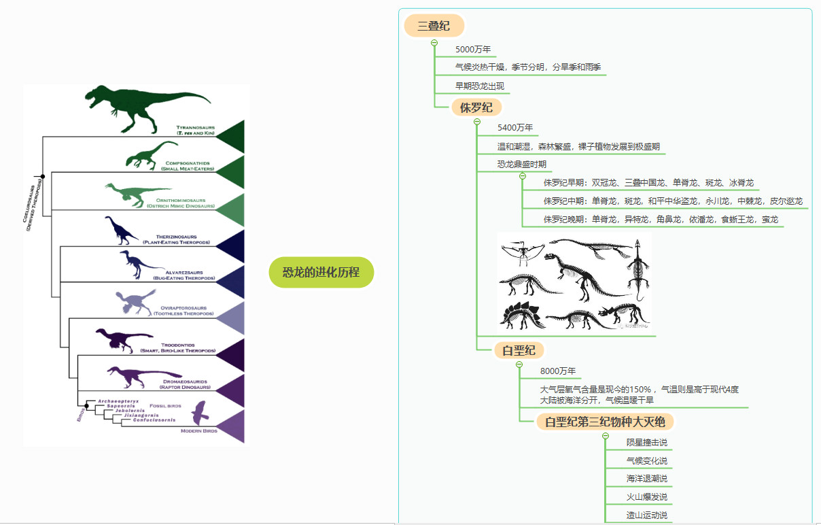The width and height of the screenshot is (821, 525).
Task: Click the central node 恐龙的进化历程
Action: click(x=321, y=273)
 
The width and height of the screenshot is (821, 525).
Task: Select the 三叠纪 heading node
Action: click(x=434, y=27)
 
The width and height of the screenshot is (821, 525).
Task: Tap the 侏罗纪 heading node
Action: click(x=476, y=107)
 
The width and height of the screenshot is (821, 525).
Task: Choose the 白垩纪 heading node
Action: click(x=519, y=351)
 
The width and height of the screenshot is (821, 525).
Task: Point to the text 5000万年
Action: click(x=473, y=50)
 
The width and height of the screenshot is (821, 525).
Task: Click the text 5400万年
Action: click(x=515, y=128)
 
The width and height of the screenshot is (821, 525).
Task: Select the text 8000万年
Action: click(x=558, y=371)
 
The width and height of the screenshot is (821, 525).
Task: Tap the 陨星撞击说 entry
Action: click(x=646, y=443)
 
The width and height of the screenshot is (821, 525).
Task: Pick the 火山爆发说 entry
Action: click(x=646, y=497)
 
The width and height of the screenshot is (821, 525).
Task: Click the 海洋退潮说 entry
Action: click(x=646, y=479)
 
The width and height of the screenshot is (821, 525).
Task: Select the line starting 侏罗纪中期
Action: click(x=672, y=201)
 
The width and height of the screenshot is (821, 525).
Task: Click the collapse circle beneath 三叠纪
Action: click(x=434, y=43)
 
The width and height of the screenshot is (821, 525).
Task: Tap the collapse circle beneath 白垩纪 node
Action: click(x=519, y=365)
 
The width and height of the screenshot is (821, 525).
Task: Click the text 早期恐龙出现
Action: click(x=480, y=86)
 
